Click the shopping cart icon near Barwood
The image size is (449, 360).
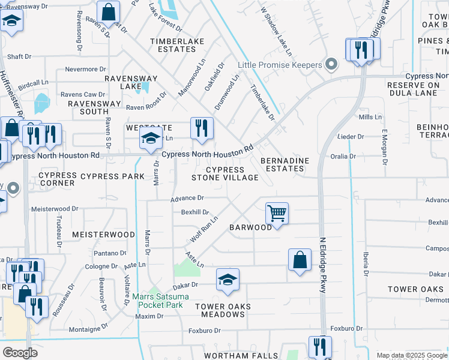pyautogui.click(x=277, y=213)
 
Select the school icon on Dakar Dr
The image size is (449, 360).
pyautogui.click(x=228, y=280)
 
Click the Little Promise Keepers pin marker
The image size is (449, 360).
pyautogui.click(x=330, y=65)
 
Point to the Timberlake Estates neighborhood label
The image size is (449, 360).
pyautogui.click(x=177, y=45)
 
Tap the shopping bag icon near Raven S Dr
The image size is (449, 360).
pyautogui.click(x=109, y=11)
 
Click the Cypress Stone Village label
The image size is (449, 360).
pyautogui.click(x=225, y=173)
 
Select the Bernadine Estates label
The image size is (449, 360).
pyautogui.click(x=285, y=164)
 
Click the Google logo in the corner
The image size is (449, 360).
pyautogui.click(x=20, y=352)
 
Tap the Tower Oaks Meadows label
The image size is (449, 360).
pyautogui.click(x=223, y=310)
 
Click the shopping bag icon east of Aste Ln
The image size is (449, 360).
pyautogui.click(x=300, y=260)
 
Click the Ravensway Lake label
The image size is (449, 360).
pyautogui.click(x=131, y=82)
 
